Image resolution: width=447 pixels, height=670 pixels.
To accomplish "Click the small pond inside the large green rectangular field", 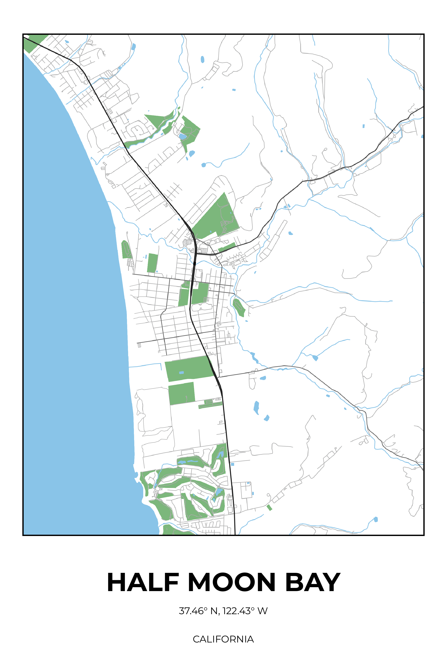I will point(181,373).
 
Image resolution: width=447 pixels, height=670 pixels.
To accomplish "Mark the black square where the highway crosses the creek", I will point(194,264).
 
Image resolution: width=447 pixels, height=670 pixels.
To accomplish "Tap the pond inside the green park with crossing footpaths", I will point(183,136).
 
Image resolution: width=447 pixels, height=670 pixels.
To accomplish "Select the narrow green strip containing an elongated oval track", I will point(210,404).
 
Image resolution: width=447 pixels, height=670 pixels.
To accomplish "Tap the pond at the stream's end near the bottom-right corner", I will point(376,519).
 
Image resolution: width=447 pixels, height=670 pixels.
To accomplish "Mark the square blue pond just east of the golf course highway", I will point(232,464).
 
